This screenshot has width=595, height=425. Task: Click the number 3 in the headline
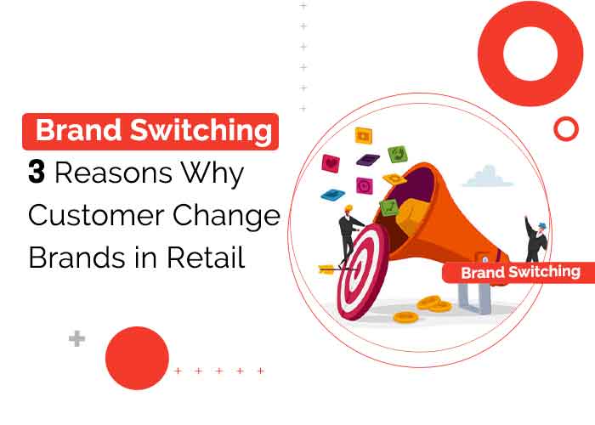(37, 173)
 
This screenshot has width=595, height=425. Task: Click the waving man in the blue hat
(535, 240)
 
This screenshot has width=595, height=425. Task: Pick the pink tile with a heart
(331, 163)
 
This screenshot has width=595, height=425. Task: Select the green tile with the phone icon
(397, 154)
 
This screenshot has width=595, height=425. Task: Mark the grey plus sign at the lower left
(77, 339)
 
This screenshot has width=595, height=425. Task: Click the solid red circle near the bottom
(137, 358)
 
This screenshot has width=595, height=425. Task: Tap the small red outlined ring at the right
(565, 129)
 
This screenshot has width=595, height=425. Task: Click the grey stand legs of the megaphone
(472, 297)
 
